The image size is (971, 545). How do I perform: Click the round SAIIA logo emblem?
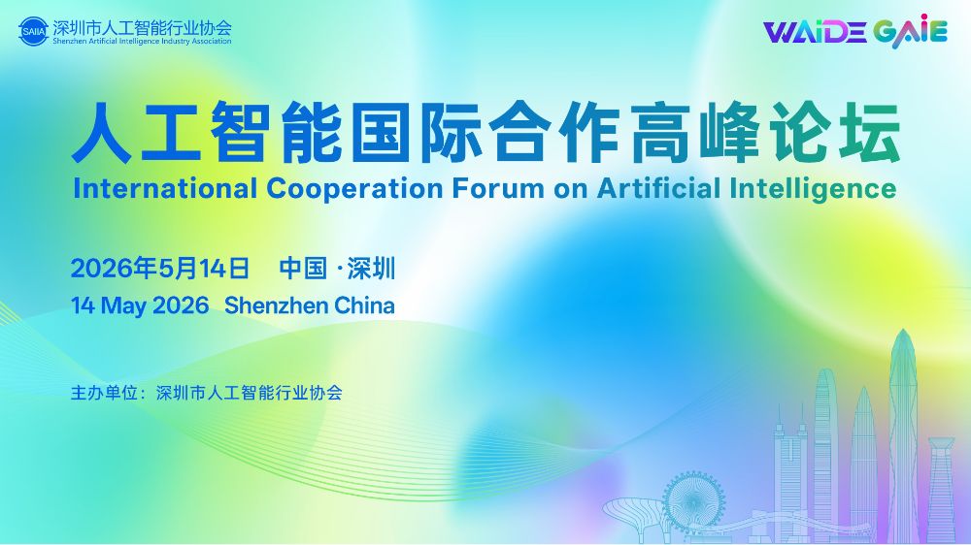33,32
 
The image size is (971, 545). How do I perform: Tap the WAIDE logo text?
815,32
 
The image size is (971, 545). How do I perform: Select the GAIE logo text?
911,31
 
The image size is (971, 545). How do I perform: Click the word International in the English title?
165,188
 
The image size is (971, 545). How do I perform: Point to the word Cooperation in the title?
354,190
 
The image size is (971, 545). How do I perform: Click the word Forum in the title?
498,189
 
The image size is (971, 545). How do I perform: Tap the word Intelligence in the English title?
813,190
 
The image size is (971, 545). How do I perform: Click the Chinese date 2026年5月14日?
160,269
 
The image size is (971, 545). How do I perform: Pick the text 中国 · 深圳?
337,269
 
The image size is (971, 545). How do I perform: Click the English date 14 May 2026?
140,305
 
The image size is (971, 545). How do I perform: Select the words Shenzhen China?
310,305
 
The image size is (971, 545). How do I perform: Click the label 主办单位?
104,393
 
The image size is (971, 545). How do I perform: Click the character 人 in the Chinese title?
101,133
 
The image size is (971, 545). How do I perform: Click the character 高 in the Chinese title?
659,133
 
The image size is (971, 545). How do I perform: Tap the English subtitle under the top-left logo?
142,42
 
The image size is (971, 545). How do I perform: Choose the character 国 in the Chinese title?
382,133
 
